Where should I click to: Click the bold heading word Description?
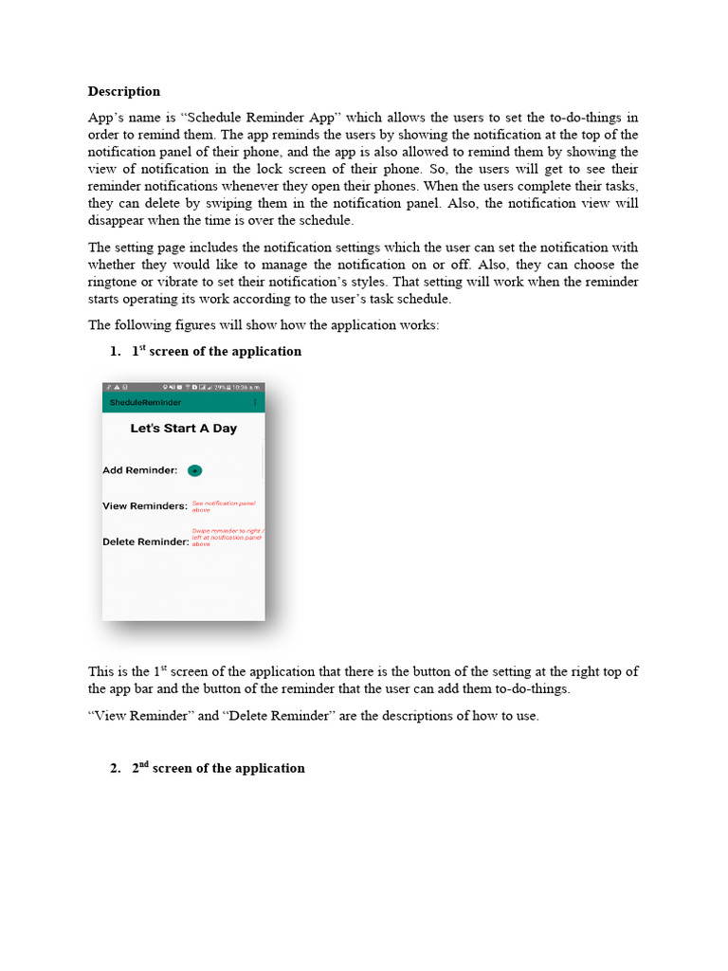tap(124, 92)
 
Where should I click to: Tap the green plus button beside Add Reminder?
tap(194, 470)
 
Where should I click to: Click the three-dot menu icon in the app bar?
tap(254, 403)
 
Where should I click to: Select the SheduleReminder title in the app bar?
tap(145, 403)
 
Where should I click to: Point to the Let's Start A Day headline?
tap(183, 429)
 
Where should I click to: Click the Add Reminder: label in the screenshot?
tap(139, 470)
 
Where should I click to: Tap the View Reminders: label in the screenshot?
tap(144, 506)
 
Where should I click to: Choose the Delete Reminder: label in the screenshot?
tap(145, 542)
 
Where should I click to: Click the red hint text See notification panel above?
tap(223, 506)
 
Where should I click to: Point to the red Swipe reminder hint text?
tap(227, 538)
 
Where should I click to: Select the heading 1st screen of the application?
tap(216, 352)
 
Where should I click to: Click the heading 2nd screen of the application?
tap(218, 768)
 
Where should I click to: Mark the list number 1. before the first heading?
tap(115, 352)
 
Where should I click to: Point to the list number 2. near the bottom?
tap(115, 769)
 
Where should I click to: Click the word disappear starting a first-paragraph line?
tap(117, 221)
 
